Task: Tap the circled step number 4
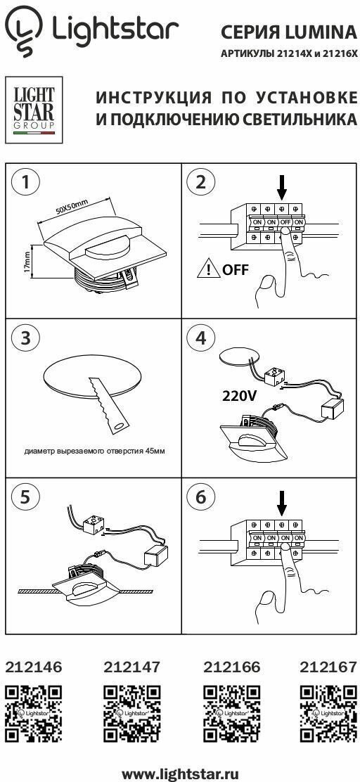point(200,338)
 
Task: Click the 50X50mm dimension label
point(72,207)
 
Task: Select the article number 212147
point(132,667)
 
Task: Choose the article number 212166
point(232,667)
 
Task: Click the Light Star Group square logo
point(34,110)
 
